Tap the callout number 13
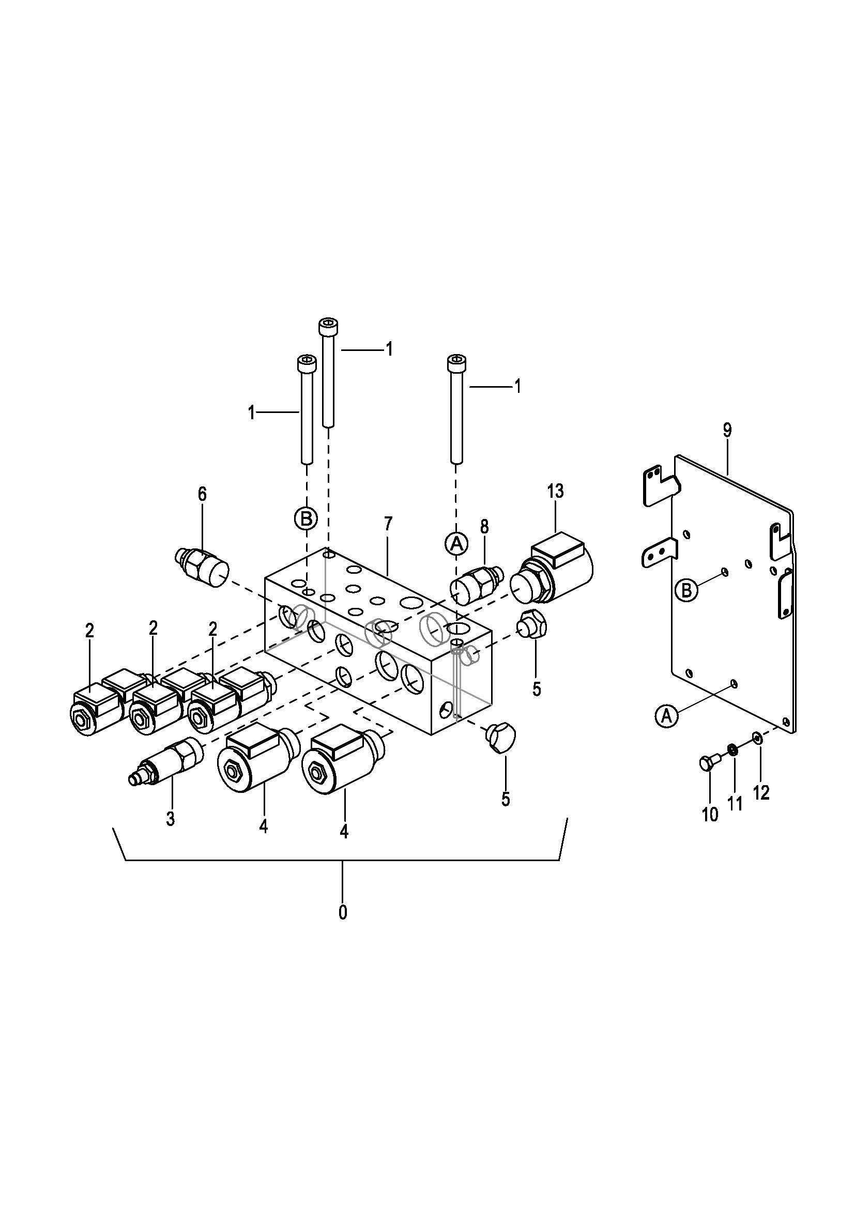tap(555, 491)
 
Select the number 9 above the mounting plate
tap(727, 430)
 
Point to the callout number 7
tap(388, 524)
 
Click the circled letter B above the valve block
tap(306, 518)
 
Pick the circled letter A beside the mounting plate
tap(667, 716)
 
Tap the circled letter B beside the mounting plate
tap(686, 590)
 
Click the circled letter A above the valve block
tap(456, 543)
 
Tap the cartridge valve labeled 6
tap(202, 563)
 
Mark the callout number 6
tap(202, 494)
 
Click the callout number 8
tap(484, 526)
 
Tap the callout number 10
tap(710, 815)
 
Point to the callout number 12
tap(762, 792)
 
